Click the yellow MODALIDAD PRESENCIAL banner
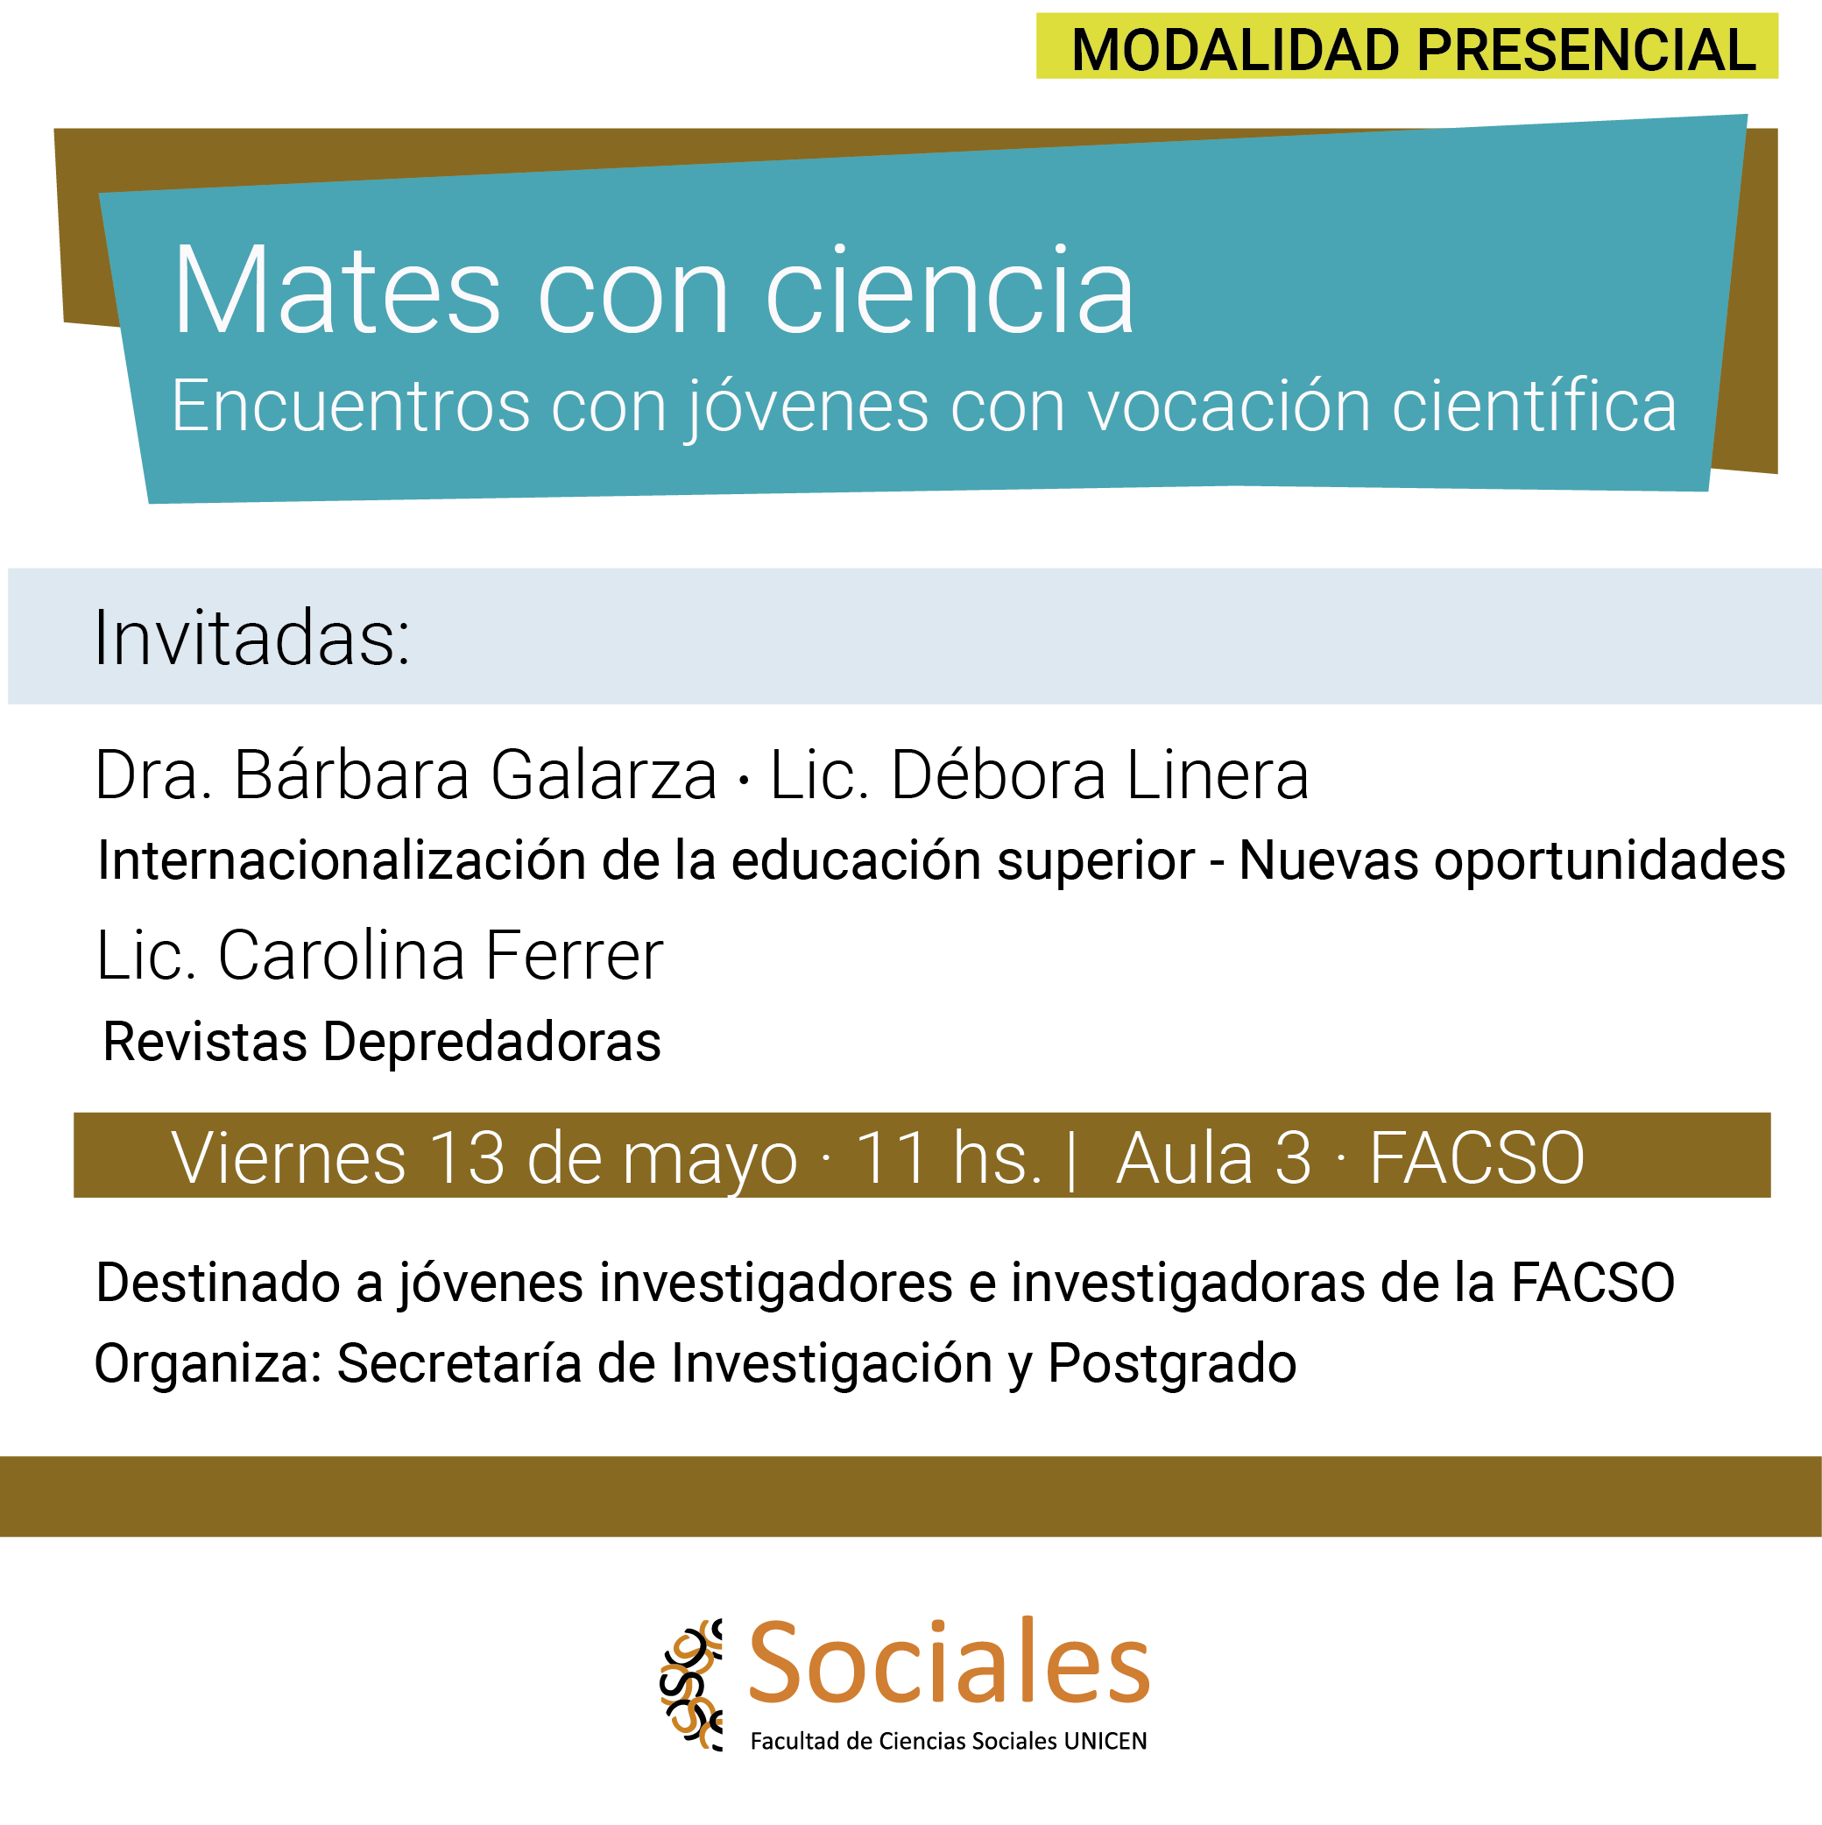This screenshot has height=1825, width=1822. pos(1407,46)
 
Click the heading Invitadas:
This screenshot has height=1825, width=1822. pos(252,640)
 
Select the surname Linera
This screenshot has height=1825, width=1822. pos(1218,775)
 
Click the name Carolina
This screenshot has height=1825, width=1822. pos(342,956)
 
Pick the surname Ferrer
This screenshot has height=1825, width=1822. pos(575,956)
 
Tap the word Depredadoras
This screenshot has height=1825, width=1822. pos(492,1042)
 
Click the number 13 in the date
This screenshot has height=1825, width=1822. pos(468,1158)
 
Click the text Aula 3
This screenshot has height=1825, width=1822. pos(1214,1158)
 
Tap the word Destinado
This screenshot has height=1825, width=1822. pos(218,1283)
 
